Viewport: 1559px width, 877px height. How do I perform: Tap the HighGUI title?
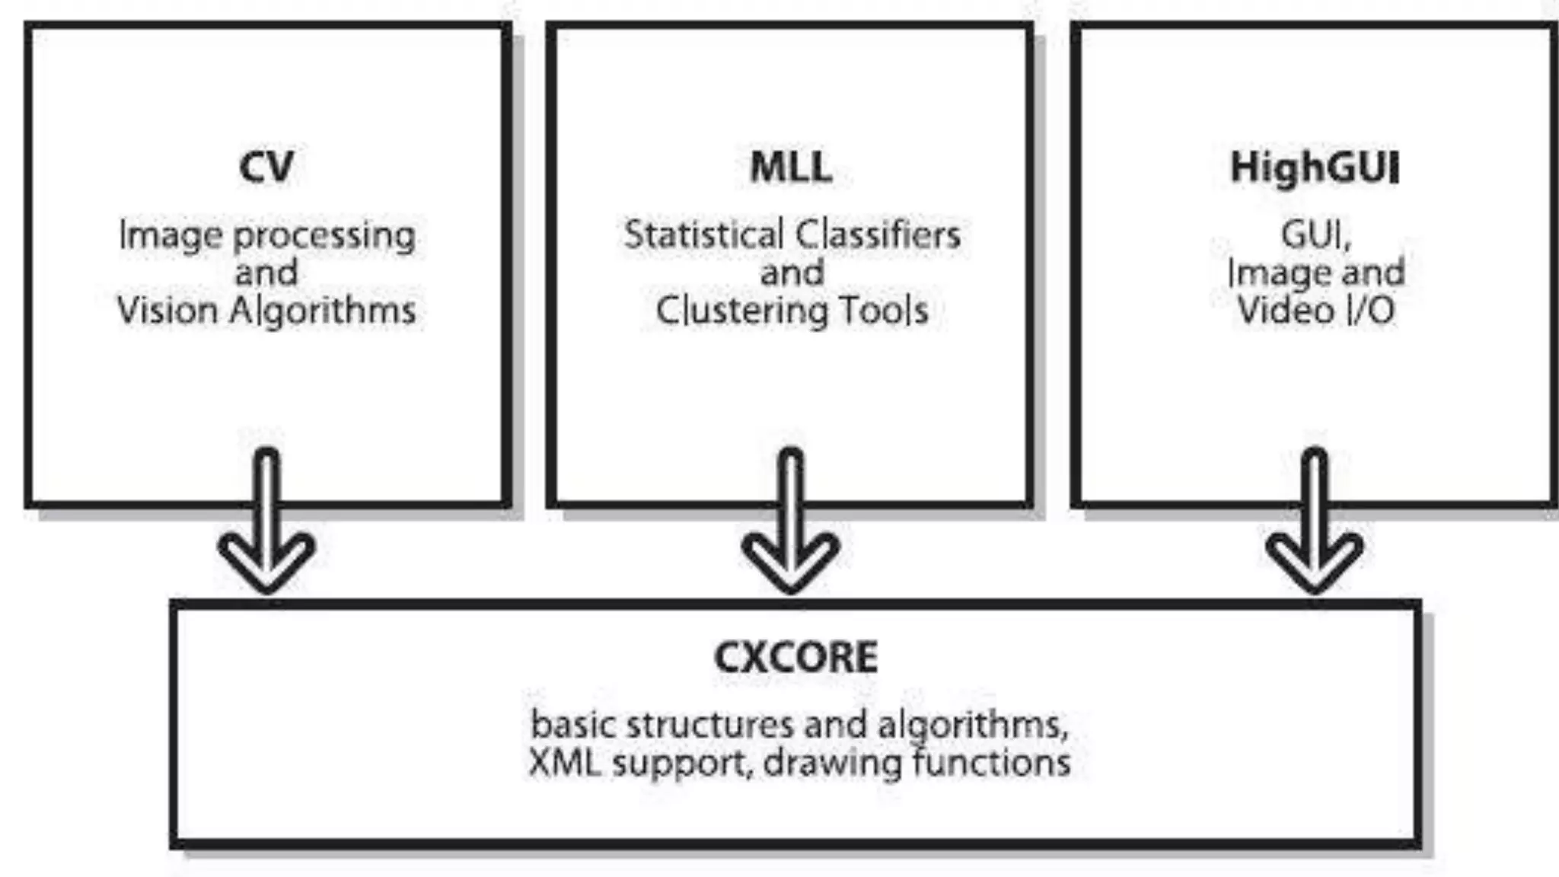coord(1315,167)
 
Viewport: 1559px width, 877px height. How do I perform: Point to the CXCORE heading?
coord(795,657)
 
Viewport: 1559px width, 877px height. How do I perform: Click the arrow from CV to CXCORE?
coord(266,525)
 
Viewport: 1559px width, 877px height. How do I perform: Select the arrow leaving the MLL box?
coord(791,525)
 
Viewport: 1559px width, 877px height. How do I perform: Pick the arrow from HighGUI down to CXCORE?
coord(1315,525)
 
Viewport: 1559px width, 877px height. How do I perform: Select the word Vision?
coord(167,311)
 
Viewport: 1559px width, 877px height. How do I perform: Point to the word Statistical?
coord(703,234)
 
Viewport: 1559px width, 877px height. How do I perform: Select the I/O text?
coord(1370,311)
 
